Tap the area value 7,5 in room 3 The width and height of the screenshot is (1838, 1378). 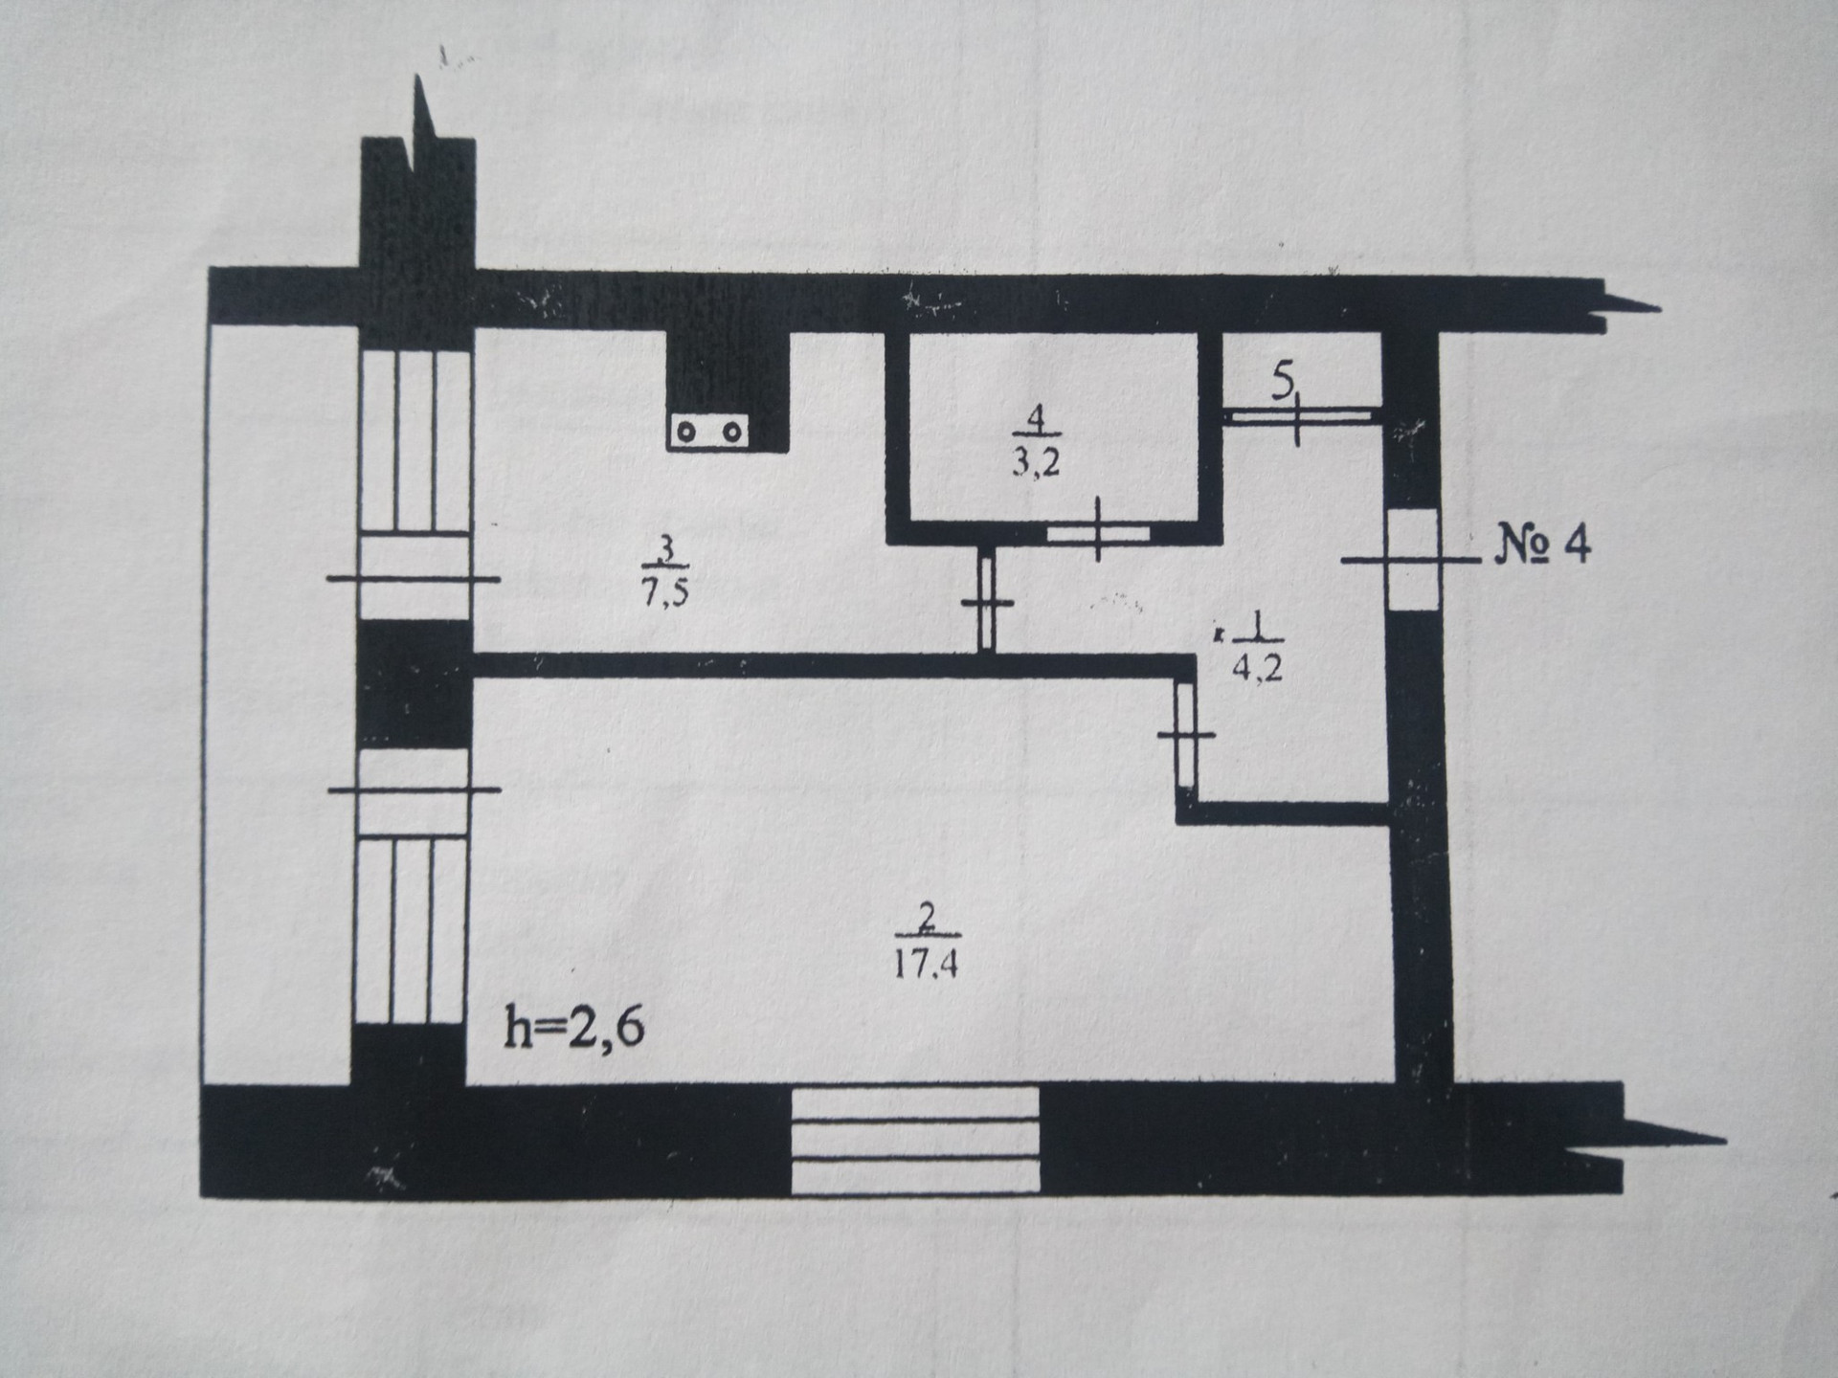pos(664,592)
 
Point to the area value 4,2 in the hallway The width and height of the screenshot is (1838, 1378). pos(1257,667)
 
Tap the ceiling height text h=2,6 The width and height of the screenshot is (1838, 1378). pos(573,1030)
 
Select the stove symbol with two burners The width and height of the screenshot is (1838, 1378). pos(708,432)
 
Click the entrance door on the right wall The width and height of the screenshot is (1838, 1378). pos(1413,560)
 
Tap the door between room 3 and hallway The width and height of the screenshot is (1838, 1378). pos(987,603)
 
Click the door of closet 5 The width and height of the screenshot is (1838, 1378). pos(1298,416)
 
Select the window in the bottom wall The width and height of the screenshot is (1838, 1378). pos(914,1139)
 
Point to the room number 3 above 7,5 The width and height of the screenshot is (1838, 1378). pos(667,550)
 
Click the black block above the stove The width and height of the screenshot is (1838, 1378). pos(728,373)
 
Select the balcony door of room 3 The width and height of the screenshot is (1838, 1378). pos(415,579)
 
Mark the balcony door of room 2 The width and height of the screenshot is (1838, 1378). pos(414,789)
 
